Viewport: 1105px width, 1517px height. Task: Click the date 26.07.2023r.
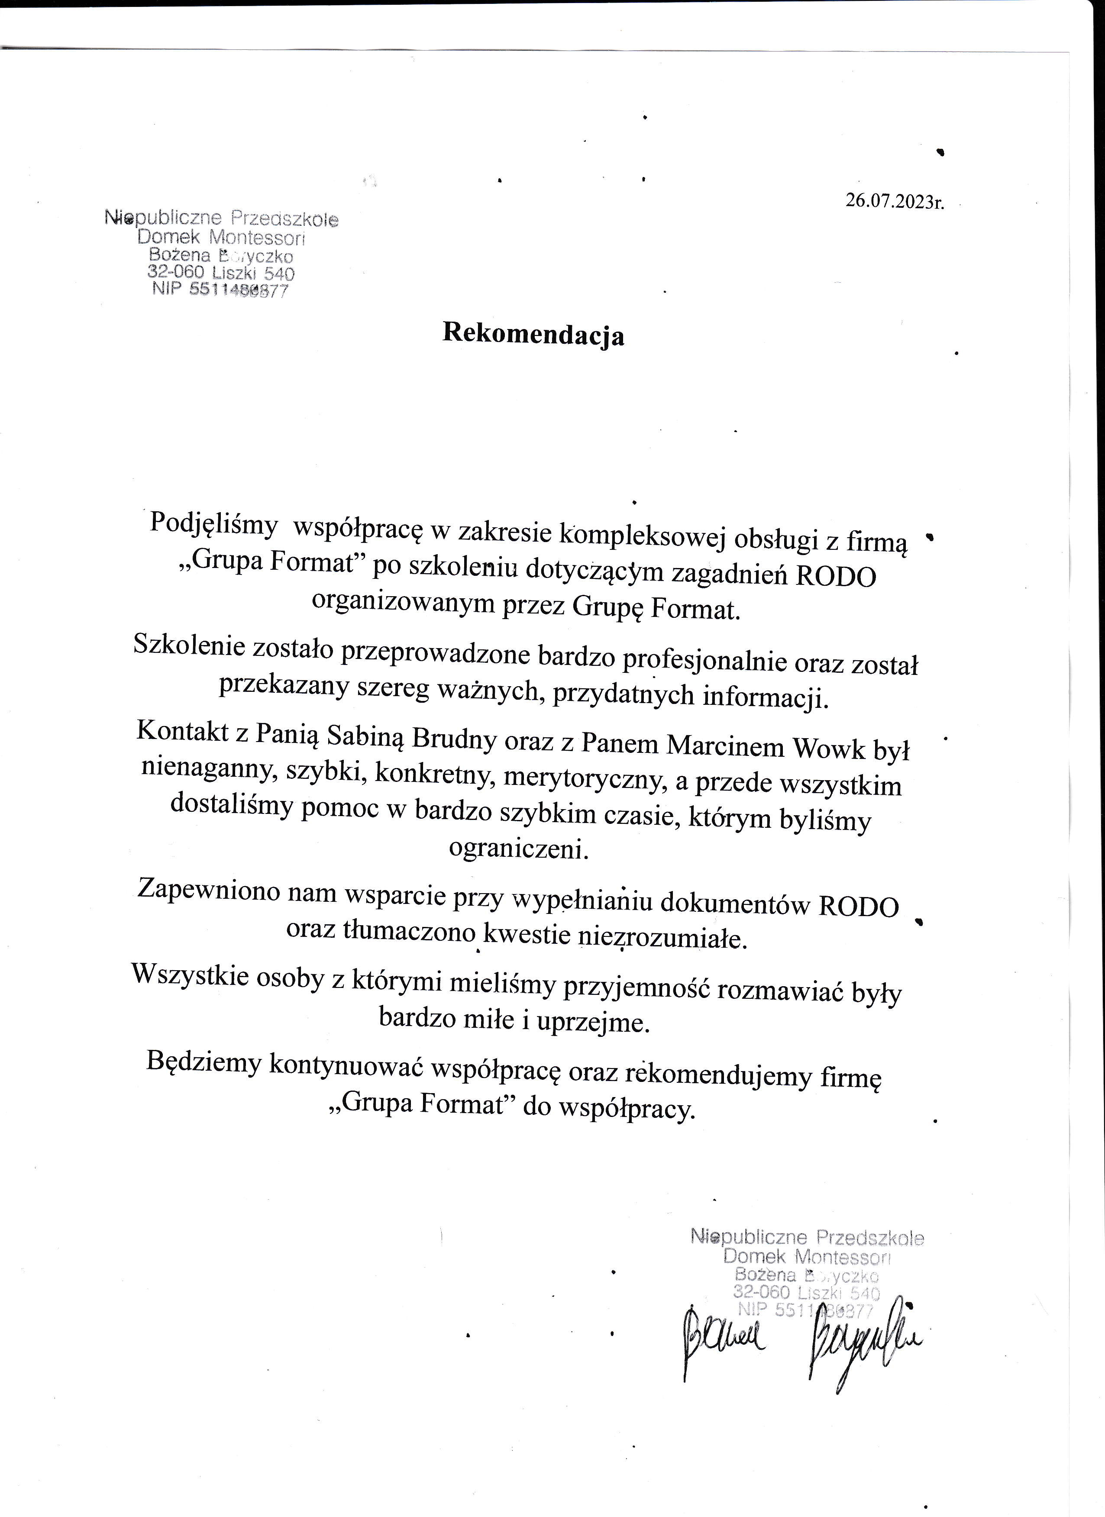pos(894,200)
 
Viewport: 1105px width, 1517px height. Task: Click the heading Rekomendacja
pos(533,334)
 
